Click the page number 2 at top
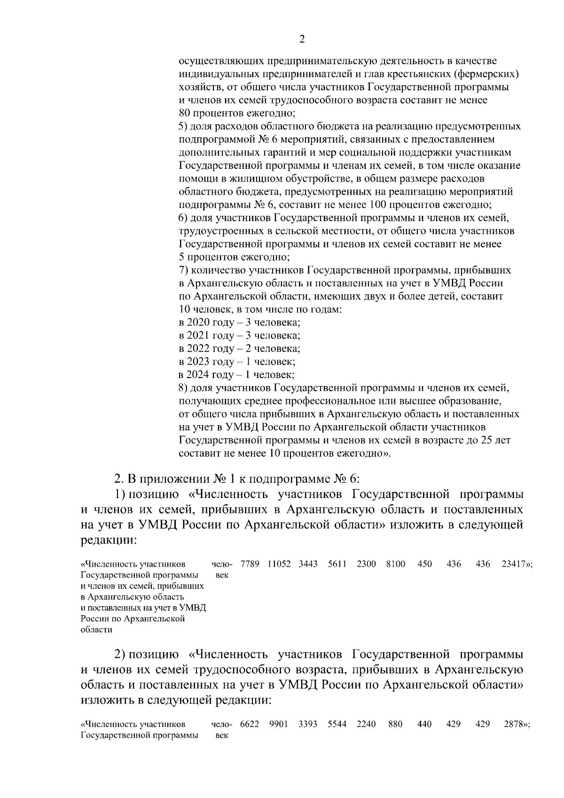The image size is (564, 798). click(x=302, y=40)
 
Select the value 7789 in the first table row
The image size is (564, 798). click(x=249, y=564)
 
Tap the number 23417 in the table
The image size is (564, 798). click(x=513, y=564)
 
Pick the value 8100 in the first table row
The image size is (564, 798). click(x=395, y=564)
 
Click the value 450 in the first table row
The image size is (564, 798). click(x=424, y=564)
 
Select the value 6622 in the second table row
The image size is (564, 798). click(x=249, y=725)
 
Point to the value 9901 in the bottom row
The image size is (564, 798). click(x=279, y=725)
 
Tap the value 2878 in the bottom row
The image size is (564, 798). click(x=514, y=725)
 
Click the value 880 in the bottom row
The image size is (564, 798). click(x=395, y=725)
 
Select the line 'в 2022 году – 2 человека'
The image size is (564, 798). click(x=240, y=349)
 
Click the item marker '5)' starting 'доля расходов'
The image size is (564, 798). click(x=183, y=126)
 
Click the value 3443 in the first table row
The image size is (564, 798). click(x=308, y=564)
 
